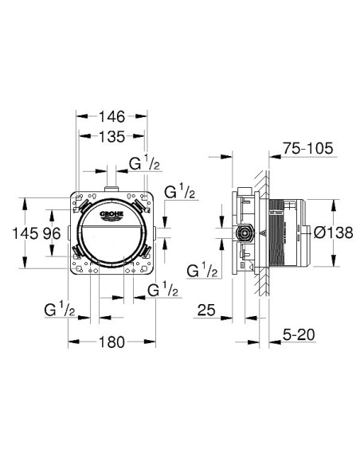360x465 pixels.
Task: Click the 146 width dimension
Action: (112, 117)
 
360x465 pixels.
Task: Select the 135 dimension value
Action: (112, 137)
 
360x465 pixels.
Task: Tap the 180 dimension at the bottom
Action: (112, 342)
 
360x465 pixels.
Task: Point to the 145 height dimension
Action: (25, 233)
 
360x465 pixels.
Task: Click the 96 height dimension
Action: (52, 233)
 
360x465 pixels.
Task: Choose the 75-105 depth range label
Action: (307, 148)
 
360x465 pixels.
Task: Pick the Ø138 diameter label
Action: (334, 232)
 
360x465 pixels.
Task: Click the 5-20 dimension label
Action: (299, 334)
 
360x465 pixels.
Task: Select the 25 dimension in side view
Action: (206, 311)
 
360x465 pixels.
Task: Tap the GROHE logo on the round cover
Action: (112, 215)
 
